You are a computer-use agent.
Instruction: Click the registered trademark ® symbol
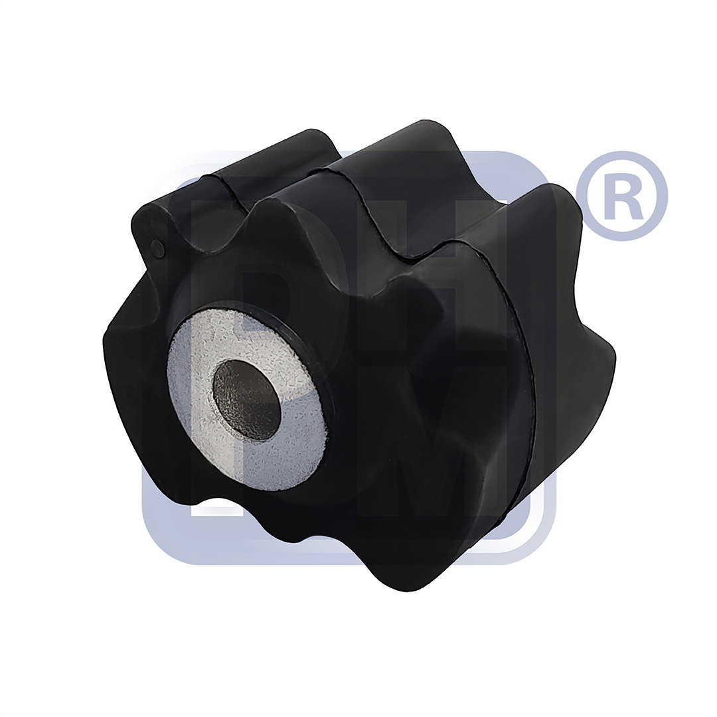click(621, 196)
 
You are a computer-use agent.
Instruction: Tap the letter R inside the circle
click(621, 197)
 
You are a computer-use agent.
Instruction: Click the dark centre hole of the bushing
click(246, 400)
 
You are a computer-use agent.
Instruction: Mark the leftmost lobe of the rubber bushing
click(119, 345)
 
